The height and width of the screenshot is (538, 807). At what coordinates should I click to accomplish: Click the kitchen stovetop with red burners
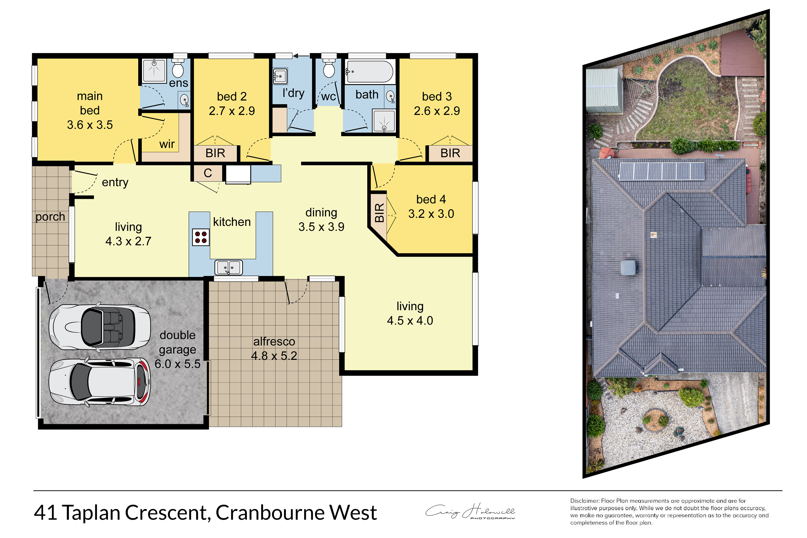[x=201, y=237]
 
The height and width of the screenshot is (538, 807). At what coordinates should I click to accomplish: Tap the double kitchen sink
[x=229, y=268]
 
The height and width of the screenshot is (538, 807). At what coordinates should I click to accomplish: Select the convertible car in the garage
[x=100, y=327]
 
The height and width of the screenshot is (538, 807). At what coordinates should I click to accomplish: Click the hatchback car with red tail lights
[x=100, y=382]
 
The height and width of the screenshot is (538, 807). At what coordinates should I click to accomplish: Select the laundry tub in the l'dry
[x=280, y=76]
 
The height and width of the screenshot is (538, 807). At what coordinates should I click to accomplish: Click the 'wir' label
[x=167, y=144]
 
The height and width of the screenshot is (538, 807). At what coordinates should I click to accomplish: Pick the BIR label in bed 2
[x=215, y=153]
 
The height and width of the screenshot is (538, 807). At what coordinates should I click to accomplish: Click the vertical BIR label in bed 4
[x=379, y=213]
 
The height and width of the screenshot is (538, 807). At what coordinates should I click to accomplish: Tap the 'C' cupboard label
[x=208, y=173]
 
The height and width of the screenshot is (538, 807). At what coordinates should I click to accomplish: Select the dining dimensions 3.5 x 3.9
[x=321, y=227]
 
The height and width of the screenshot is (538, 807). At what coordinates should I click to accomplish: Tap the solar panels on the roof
[x=662, y=171]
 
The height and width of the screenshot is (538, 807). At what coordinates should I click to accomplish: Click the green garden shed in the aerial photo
[x=604, y=91]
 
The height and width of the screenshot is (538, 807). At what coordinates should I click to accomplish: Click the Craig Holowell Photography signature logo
[x=470, y=511]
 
